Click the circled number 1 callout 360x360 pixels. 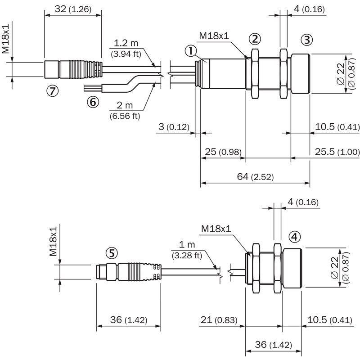[191, 52]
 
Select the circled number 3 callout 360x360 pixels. [306, 40]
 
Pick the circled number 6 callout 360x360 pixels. [93, 103]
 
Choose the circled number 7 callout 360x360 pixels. [52, 91]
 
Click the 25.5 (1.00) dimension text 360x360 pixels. [336, 152]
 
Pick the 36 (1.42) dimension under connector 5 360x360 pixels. [129, 320]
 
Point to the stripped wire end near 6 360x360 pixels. [93, 86]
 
